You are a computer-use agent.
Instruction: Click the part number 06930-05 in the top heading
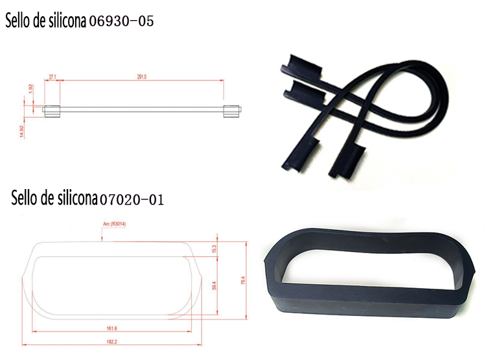pos(121,21)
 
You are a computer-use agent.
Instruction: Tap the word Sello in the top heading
pos(20,21)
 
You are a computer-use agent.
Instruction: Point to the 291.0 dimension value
pos(141,76)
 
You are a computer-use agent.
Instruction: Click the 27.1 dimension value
pos(52,76)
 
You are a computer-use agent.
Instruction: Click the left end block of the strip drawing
pos(52,109)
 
